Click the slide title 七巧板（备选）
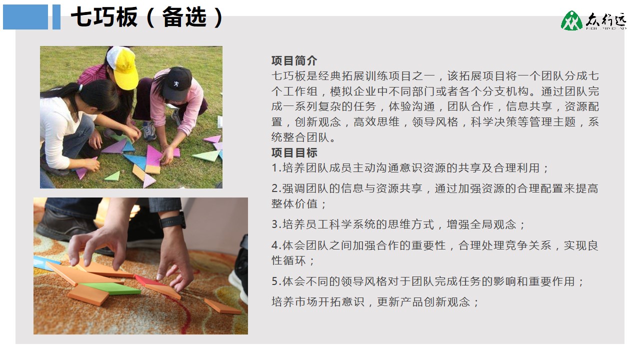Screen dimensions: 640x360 point(147,17)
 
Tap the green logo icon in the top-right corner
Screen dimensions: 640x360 point(571,20)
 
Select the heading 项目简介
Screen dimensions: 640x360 point(294,60)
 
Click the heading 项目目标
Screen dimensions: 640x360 point(294,152)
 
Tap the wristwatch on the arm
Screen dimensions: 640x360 point(173,220)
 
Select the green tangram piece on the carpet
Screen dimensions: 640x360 point(110,288)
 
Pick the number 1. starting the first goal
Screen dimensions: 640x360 point(276,168)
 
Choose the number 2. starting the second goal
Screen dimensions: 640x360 point(276,188)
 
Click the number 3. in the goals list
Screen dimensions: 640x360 point(276,224)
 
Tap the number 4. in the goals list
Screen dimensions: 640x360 point(276,245)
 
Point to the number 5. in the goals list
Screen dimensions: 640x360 point(276,281)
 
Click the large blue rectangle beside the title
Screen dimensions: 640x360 point(25,17)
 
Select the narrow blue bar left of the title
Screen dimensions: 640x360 point(56,17)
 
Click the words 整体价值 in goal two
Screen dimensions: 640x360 point(294,203)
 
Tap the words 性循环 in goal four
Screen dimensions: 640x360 point(288,260)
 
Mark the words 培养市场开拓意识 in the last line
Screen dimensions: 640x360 point(317,301)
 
